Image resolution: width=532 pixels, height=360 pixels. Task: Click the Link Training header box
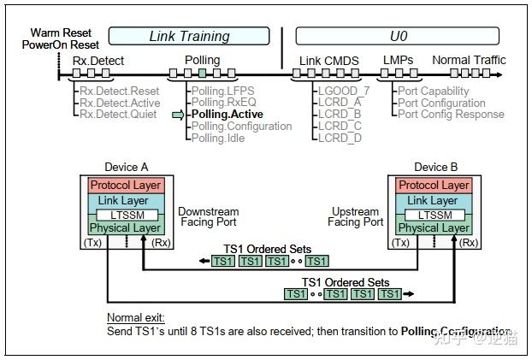189,36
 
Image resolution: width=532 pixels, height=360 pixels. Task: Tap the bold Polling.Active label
227,115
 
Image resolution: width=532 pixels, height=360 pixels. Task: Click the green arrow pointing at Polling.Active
178,115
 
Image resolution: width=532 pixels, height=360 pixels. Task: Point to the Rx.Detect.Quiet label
120,115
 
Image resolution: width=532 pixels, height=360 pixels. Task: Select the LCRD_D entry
340,138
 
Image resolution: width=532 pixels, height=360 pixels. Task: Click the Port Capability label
434,91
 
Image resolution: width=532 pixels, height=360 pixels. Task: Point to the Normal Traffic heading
469,60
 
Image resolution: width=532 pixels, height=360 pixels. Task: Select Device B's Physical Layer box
434,228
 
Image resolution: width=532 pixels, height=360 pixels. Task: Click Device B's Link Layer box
434,199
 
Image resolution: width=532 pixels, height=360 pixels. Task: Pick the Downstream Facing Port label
208,217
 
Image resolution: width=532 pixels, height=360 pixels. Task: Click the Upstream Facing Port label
356,217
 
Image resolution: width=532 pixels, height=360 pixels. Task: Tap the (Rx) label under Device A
163,243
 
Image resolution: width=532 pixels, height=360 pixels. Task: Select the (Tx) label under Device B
400,243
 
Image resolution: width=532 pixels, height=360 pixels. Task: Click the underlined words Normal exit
135,317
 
